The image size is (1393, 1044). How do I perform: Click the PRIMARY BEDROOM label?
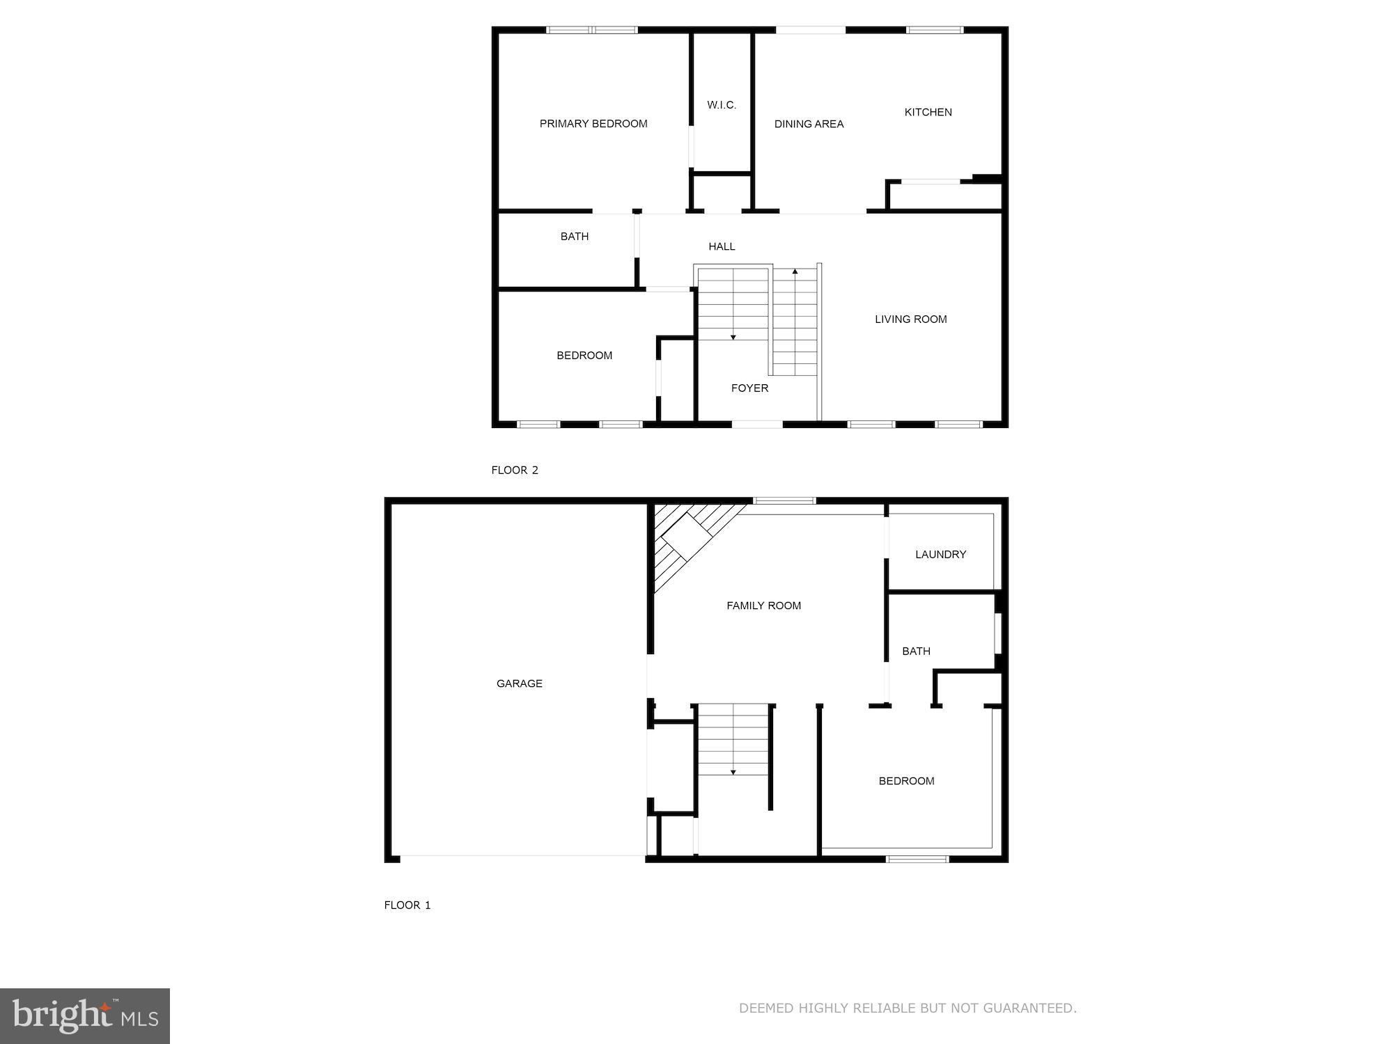point(593,124)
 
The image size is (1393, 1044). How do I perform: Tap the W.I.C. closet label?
point(722,105)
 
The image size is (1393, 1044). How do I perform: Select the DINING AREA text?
point(809,124)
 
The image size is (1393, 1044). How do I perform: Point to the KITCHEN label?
point(928,112)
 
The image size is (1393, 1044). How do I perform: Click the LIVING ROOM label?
point(910,319)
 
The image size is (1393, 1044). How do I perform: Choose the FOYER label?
point(749,388)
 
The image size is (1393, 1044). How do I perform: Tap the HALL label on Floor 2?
point(722,246)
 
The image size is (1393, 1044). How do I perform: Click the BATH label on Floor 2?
point(575,237)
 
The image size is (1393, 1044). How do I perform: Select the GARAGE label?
point(519,683)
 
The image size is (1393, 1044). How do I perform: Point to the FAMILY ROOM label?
point(763,606)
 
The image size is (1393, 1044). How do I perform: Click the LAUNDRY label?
point(940,555)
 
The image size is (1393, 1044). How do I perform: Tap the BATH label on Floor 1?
point(916,651)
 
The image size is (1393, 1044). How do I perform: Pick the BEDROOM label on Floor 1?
point(906,781)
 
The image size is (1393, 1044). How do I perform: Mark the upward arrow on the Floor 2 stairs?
point(795,272)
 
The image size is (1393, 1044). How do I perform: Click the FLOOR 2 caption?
point(515,470)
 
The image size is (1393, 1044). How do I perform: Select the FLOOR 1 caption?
point(407,905)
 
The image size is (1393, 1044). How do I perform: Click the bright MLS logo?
point(85,1015)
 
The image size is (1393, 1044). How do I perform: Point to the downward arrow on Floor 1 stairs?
point(733,772)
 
